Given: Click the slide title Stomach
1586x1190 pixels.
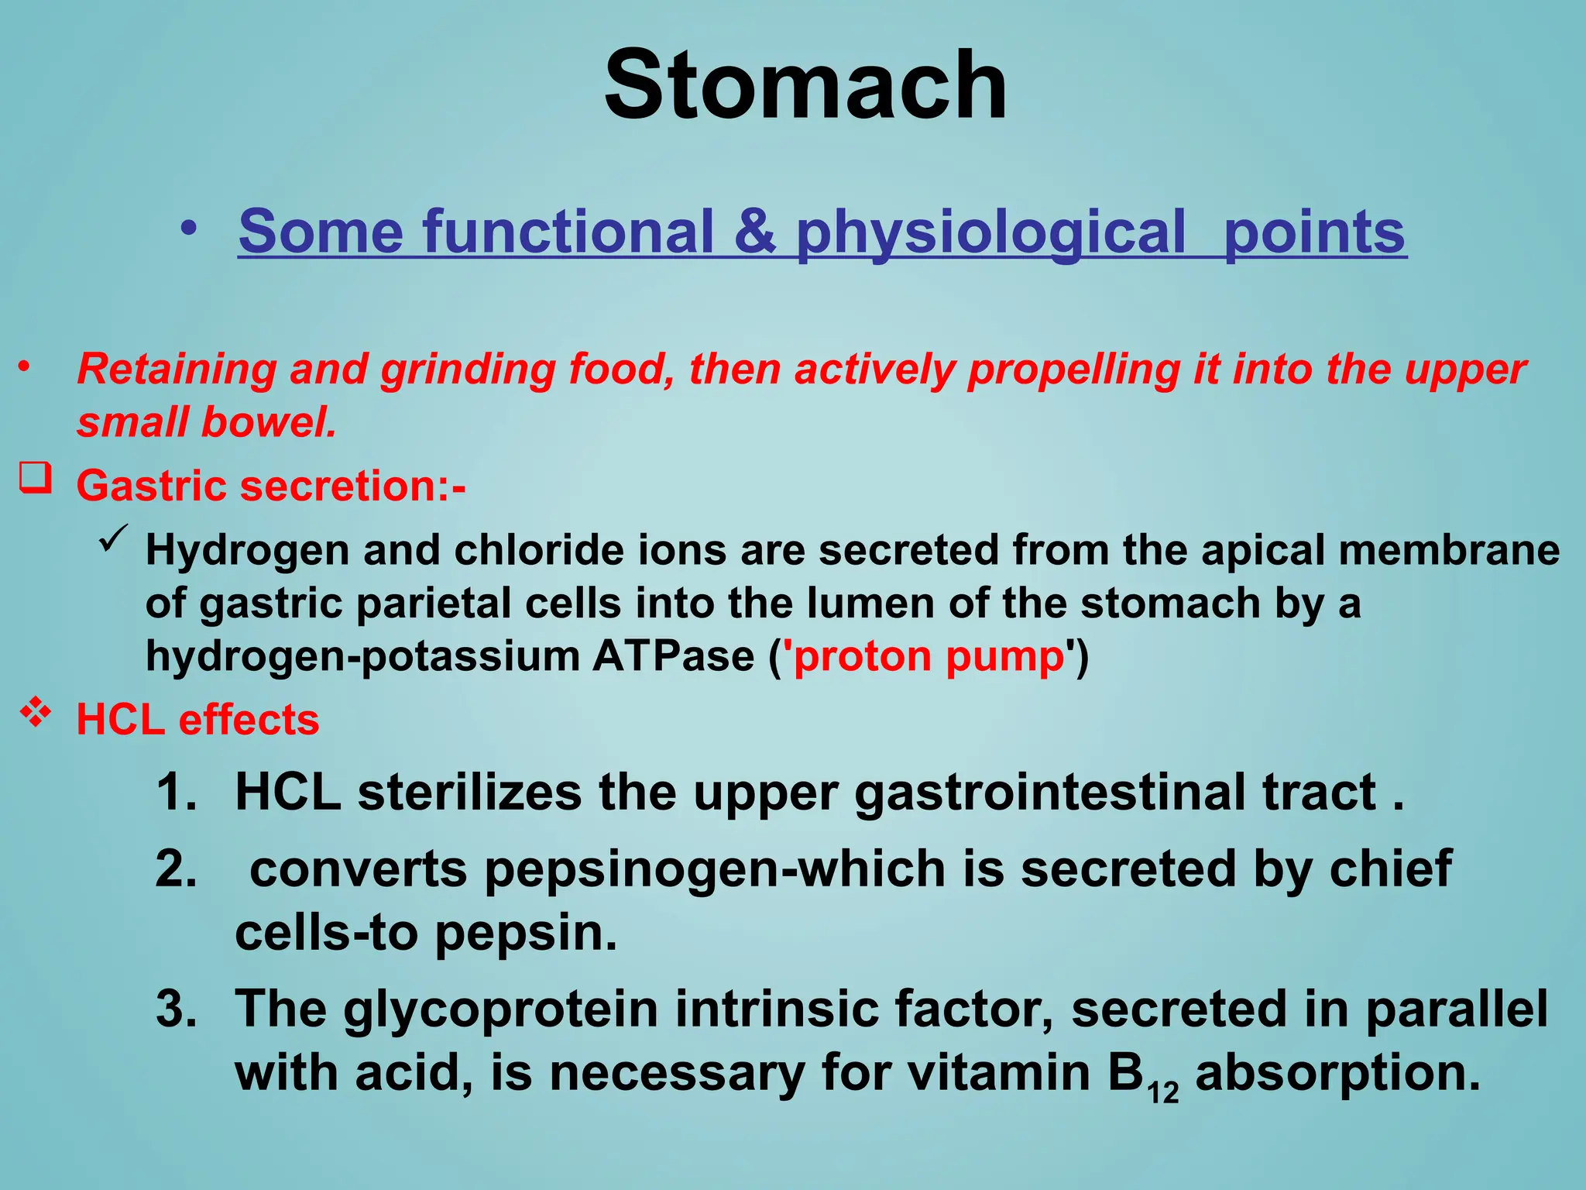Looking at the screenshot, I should (x=805, y=85).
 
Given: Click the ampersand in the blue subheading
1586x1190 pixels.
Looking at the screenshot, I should (x=755, y=232).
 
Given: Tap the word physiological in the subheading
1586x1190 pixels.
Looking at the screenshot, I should (x=990, y=232).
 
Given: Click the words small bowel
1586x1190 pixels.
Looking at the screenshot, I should (x=207, y=423).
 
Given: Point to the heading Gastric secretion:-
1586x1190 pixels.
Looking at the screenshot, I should (x=271, y=486).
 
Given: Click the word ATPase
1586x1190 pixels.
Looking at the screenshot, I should (x=673, y=657).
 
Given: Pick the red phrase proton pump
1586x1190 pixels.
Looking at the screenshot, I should (x=929, y=657).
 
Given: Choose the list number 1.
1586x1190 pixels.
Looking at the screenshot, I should (x=176, y=793).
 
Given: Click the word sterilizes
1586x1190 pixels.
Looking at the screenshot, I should (x=469, y=793).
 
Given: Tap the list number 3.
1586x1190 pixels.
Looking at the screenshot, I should (x=176, y=1009).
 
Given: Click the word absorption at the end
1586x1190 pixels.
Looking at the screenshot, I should (x=1337, y=1074).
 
